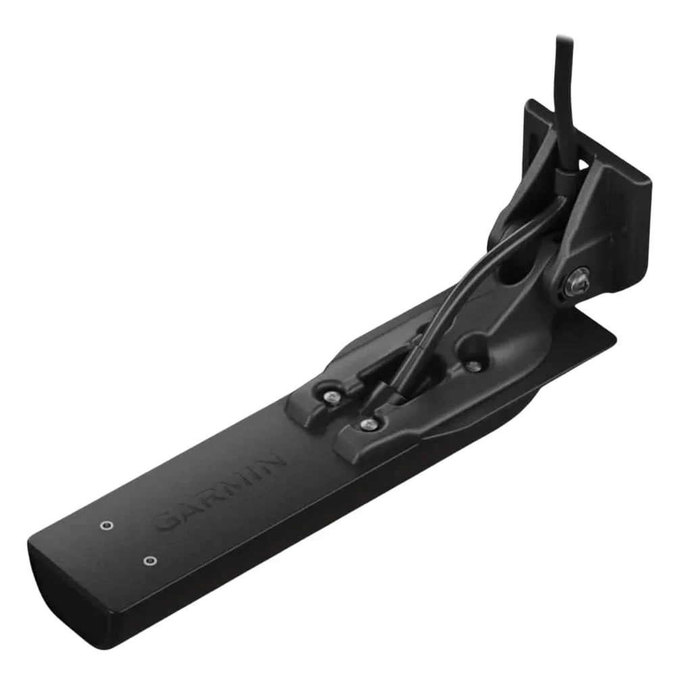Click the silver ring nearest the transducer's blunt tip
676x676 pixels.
[x=105, y=525]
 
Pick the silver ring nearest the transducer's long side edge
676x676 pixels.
[x=150, y=560]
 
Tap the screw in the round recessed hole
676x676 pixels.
[x=474, y=366]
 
